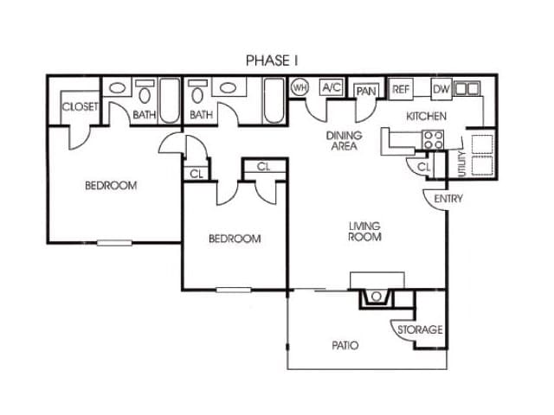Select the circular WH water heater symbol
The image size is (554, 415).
300,87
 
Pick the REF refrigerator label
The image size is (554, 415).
401,88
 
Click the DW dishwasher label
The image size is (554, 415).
441,88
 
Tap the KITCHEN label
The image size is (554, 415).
426,115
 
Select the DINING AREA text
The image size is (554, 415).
344,141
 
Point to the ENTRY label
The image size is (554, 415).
449,199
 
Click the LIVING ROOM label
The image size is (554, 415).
364,232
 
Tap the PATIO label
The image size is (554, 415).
345,346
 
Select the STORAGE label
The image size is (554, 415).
420,329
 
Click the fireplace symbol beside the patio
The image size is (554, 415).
377,296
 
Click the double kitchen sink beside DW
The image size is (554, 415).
467,88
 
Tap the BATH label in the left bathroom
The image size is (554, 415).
145,114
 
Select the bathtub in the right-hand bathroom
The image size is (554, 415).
274,99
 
